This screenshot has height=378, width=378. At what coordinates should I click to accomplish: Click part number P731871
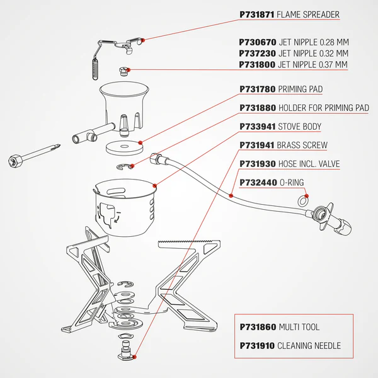pyautogui.click(x=258, y=14)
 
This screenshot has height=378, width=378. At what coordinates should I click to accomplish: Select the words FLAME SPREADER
pyautogui.click(x=309, y=14)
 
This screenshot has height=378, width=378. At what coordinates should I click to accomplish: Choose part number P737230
pyautogui.click(x=258, y=54)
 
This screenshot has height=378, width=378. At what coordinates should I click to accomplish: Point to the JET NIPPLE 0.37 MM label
pyautogui.click(x=313, y=65)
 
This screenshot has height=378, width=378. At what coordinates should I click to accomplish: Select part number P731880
pyautogui.click(x=258, y=108)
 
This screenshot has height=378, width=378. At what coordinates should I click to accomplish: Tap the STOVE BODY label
pyautogui.click(x=299, y=127)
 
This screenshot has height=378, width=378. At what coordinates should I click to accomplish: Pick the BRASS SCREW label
pyautogui.click(x=302, y=146)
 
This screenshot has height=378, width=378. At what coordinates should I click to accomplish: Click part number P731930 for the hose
pyautogui.click(x=258, y=164)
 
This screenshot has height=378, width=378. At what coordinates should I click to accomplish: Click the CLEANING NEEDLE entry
pyautogui.click(x=309, y=346)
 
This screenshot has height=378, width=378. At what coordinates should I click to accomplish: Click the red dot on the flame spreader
pyautogui.click(x=144, y=40)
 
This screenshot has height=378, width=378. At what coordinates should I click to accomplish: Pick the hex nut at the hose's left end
pyautogui.click(x=157, y=157)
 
